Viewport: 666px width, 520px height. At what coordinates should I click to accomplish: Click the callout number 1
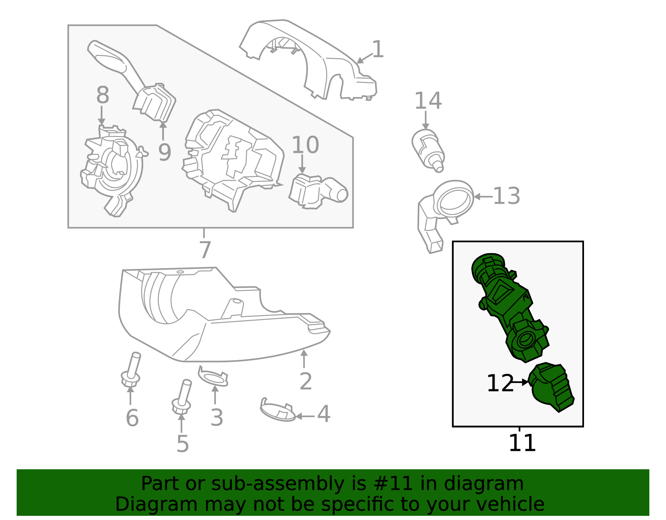tap(378, 50)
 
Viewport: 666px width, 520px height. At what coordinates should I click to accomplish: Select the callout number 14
tap(428, 101)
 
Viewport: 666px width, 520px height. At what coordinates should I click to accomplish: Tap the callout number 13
tap(506, 196)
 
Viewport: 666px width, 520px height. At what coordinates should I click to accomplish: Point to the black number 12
tap(500, 383)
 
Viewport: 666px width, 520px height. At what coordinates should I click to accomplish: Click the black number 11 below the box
tap(522, 443)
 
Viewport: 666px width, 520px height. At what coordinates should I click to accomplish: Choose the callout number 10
tap(305, 145)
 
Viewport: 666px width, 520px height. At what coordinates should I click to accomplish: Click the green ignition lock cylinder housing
tap(510, 308)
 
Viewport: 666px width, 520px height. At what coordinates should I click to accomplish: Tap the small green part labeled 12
tap(552, 387)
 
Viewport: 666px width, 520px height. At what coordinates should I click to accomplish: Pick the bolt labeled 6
tap(132, 371)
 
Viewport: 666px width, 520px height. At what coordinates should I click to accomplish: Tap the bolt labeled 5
tap(182, 398)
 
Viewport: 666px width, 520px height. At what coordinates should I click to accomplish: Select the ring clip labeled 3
tap(213, 377)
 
